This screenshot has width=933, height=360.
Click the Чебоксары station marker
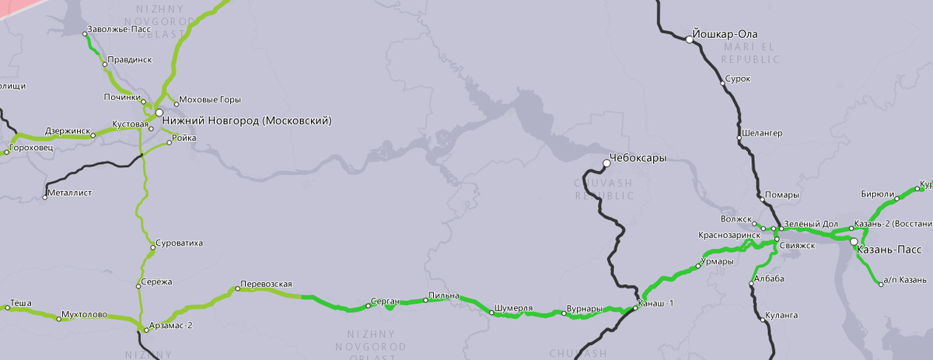coord(607,163)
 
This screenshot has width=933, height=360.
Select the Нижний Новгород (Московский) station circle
coord(159,113)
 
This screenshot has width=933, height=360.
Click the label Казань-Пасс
coord(889,250)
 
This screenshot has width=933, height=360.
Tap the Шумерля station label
coord(513,309)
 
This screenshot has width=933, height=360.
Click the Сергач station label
coord(385,300)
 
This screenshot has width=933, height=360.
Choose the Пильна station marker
coord(425,300)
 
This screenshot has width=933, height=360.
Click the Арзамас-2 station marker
coord(145,330)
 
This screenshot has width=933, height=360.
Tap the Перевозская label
coord(266,284)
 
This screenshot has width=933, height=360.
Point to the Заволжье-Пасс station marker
coord(86,33)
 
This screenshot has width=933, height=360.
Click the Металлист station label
coord(70,191)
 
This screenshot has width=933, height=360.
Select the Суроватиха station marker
coord(152,248)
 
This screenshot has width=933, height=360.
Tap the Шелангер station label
coord(763,133)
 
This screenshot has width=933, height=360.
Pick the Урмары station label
coord(718,262)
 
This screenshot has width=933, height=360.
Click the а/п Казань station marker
coord(881,285)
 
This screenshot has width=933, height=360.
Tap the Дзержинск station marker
coord(93,135)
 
